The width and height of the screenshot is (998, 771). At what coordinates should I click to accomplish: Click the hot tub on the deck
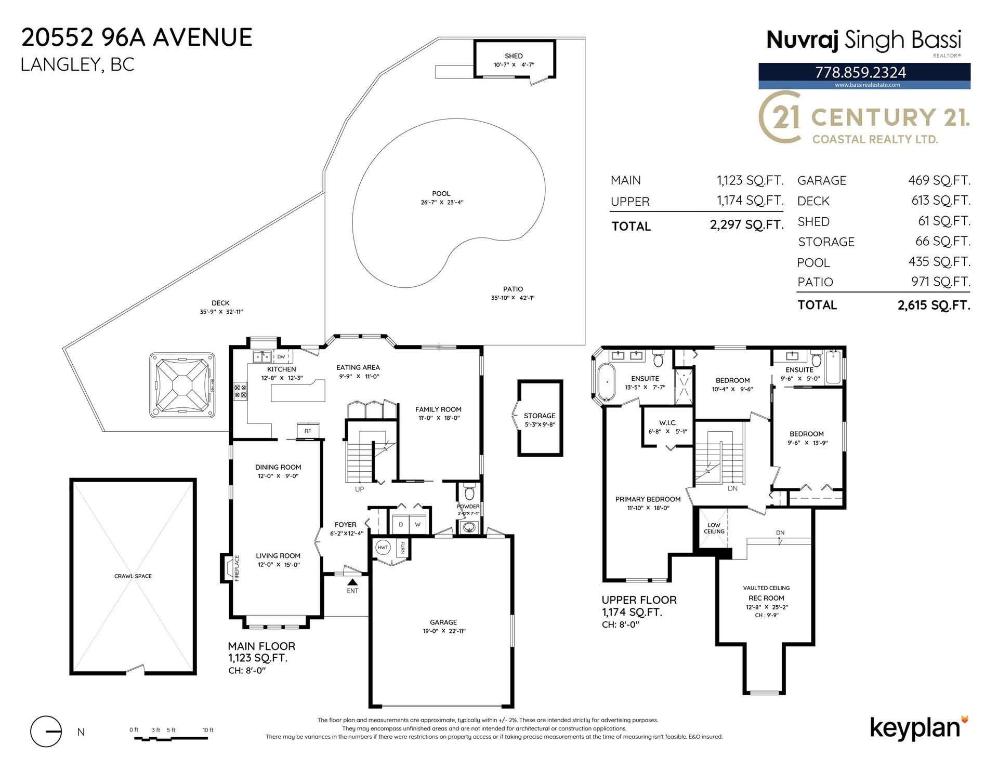coord(182,385)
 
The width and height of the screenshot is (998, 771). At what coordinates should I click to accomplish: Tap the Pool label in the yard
coord(441,194)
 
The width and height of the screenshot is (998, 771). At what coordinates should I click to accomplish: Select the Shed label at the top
coord(514,56)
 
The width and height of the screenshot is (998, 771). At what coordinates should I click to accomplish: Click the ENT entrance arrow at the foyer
coord(352,582)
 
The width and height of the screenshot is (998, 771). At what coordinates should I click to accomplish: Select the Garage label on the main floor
coord(443,622)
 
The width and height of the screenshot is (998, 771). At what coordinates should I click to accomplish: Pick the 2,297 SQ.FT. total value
coord(747,225)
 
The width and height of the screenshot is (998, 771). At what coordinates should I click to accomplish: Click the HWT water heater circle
coord(383,548)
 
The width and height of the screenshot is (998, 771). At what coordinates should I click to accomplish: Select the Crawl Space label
coord(133,576)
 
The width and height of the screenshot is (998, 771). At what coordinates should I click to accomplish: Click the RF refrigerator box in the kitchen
coord(308,431)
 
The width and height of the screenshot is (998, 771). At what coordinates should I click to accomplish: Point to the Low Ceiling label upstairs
coord(714,528)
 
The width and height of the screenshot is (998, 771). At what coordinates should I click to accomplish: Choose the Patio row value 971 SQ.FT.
coord(940,282)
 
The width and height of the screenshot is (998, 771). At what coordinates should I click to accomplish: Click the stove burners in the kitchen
coord(241,391)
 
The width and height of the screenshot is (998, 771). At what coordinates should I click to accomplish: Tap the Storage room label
coord(540,416)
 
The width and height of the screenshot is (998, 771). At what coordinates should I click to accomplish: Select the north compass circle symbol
coord(46,731)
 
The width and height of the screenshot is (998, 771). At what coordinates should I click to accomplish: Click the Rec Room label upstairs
coord(766,598)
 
